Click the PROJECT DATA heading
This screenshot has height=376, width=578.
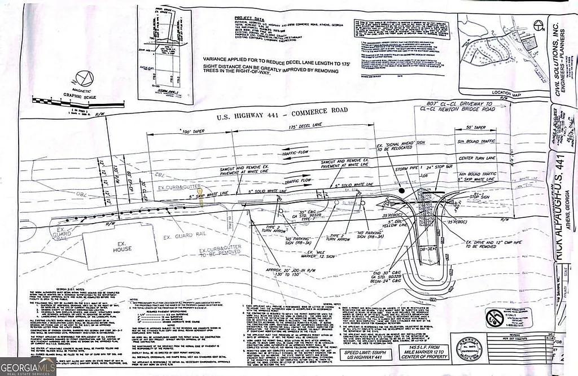[x=249, y=19]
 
